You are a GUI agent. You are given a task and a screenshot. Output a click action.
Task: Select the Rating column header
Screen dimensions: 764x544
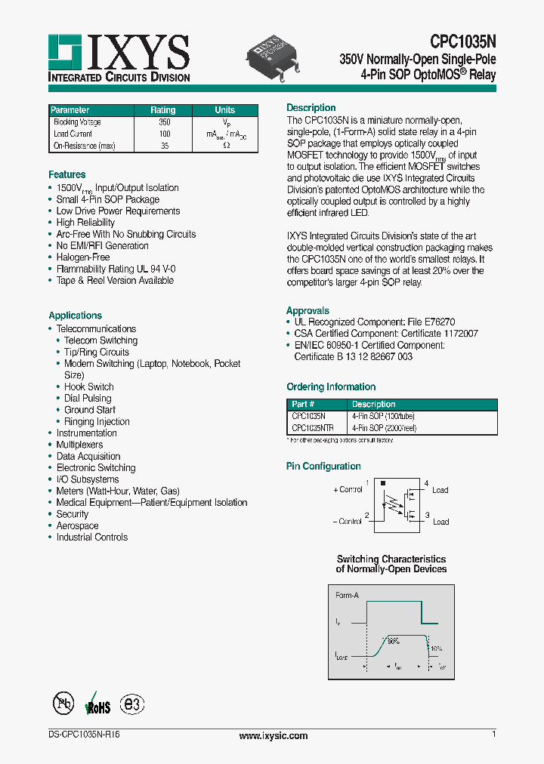click(163, 110)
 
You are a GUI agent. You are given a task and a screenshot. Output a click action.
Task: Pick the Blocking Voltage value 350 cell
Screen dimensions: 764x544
click(164, 122)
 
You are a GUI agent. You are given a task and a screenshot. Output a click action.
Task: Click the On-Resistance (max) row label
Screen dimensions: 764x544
click(84, 146)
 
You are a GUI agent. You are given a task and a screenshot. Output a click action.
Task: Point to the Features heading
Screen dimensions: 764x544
click(67, 174)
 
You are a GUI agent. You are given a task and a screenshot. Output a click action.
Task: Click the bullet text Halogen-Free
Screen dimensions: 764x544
click(83, 257)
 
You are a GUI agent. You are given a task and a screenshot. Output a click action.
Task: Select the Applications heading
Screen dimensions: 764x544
click(75, 316)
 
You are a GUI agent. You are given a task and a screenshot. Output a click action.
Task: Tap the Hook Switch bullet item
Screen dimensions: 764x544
click(89, 387)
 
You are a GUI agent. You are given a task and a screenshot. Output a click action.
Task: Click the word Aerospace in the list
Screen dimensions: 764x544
click(77, 525)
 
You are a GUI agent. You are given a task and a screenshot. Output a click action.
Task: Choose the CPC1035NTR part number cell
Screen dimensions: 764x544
click(312, 428)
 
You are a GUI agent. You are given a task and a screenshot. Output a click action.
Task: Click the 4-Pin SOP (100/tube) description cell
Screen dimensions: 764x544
click(383, 416)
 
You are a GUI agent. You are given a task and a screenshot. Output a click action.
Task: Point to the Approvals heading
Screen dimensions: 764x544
click(308, 310)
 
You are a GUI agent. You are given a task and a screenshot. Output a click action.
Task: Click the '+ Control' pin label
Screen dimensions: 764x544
click(348, 489)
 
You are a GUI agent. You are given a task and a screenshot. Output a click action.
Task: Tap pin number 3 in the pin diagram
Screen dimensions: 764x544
click(426, 515)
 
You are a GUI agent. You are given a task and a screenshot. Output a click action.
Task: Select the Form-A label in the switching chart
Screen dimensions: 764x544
click(348, 595)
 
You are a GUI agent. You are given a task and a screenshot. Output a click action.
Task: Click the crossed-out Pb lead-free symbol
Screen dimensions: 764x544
click(63, 704)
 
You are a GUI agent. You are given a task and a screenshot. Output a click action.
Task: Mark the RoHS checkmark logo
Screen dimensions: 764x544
click(97, 704)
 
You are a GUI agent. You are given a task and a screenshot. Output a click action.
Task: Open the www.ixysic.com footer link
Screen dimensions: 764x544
click(273, 735)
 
